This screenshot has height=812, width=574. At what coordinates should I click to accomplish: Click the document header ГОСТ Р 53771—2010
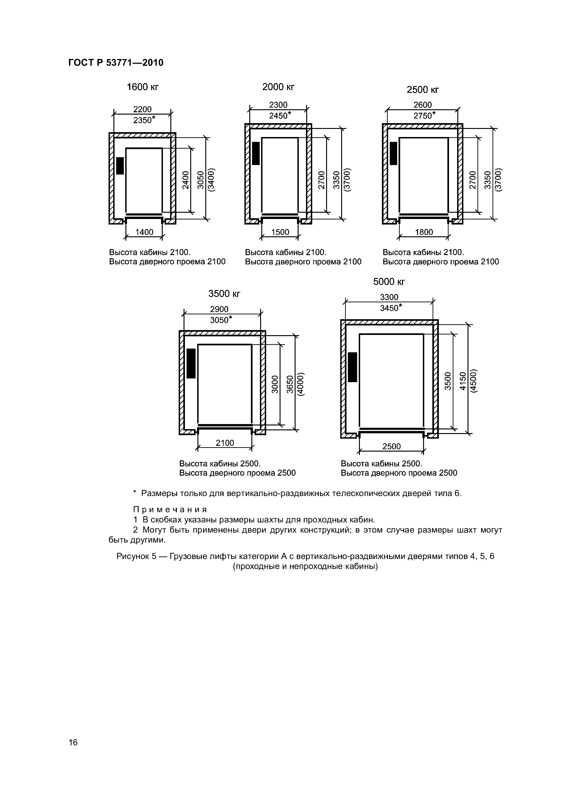116,63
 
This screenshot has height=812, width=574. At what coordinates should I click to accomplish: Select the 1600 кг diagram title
143,87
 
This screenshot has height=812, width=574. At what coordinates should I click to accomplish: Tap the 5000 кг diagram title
389,282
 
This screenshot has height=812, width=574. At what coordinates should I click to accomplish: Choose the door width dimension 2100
225,443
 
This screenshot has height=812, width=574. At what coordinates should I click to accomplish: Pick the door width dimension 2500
392,446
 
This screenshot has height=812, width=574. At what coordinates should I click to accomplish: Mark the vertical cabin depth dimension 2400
186,180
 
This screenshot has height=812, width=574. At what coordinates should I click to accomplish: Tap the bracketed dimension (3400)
212,180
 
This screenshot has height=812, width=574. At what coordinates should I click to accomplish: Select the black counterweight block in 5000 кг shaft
352,367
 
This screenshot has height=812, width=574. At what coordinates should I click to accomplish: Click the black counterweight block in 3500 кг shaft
191,363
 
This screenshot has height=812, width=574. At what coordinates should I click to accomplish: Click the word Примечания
169,510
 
